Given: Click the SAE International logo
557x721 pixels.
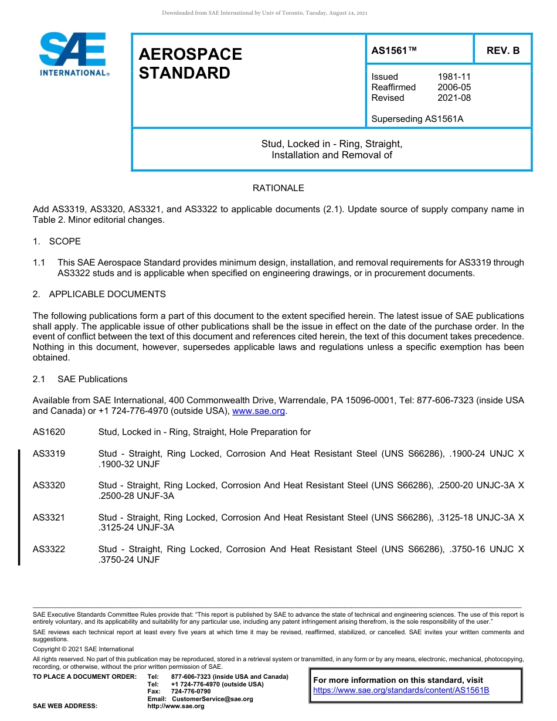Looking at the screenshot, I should point(73,54).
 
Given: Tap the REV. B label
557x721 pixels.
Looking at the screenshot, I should point(502,50).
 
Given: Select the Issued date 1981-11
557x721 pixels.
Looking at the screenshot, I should point(454,77).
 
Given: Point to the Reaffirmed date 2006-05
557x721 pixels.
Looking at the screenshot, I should point(454,87).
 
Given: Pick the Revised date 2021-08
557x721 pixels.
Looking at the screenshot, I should point(454,98).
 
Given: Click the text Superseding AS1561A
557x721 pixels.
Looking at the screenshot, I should point(417,119).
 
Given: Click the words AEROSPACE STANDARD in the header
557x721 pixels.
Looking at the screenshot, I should point(190,63).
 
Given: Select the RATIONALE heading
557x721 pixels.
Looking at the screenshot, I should point(278,188).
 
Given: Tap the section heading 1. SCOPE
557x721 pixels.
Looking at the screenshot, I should point(57,242).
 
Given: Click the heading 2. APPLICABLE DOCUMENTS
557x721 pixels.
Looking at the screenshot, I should point(99,294).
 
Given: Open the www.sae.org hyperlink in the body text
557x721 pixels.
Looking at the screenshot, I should point(259,411).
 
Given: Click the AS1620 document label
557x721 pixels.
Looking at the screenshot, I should point(49,432).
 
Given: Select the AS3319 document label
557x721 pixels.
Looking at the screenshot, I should point(49,454).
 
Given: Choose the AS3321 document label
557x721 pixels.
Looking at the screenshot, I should point(49,518).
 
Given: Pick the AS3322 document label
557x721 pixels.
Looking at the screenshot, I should point(49,549).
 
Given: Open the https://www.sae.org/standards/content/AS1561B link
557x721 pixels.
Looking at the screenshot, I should point(401,691).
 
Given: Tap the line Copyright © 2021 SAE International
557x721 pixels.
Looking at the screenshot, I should point(83,649).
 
